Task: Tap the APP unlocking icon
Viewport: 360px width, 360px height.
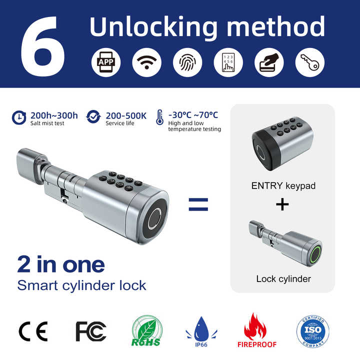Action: pyautogui.click(x=106, y=62)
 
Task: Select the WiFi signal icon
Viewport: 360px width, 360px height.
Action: pyautogui.click(x=146, y=62)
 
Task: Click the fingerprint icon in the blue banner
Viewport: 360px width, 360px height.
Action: pyautogui.click(x=187, y=62)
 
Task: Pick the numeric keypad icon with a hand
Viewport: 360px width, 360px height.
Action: pyautogui.click(x=228, y=62)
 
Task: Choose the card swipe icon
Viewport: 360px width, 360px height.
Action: pyautogui.click(x=269, y=62)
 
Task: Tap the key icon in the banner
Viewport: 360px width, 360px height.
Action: pyautogui.click(x=310, y=62)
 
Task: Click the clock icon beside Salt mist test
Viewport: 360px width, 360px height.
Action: pyautogui.click(x=19, y=117)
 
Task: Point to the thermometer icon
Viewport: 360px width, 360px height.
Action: pyautogui.click(x=160, y=117)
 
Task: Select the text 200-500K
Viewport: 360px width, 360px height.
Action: pyautogui.click(x=126, y=115)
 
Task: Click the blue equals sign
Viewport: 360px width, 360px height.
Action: pyautogui.click(x=198, y=204)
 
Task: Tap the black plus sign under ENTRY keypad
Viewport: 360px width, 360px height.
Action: pyautogui.click(x=282, y=204)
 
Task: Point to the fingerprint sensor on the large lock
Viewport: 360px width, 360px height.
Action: pyautogui.click(x=154, y=219)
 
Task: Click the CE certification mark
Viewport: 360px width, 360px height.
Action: pyautogui.click(x=33, y=331)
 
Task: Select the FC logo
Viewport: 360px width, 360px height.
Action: pyautogui.click(x=91, y=331)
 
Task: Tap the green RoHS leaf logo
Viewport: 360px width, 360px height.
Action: pyautogui.click(x=146, y=331)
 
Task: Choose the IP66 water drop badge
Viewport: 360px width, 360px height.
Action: pyautogui.click(x=201, y=331)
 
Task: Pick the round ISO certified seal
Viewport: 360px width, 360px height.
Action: pyautogui.click(x=312, y=331)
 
